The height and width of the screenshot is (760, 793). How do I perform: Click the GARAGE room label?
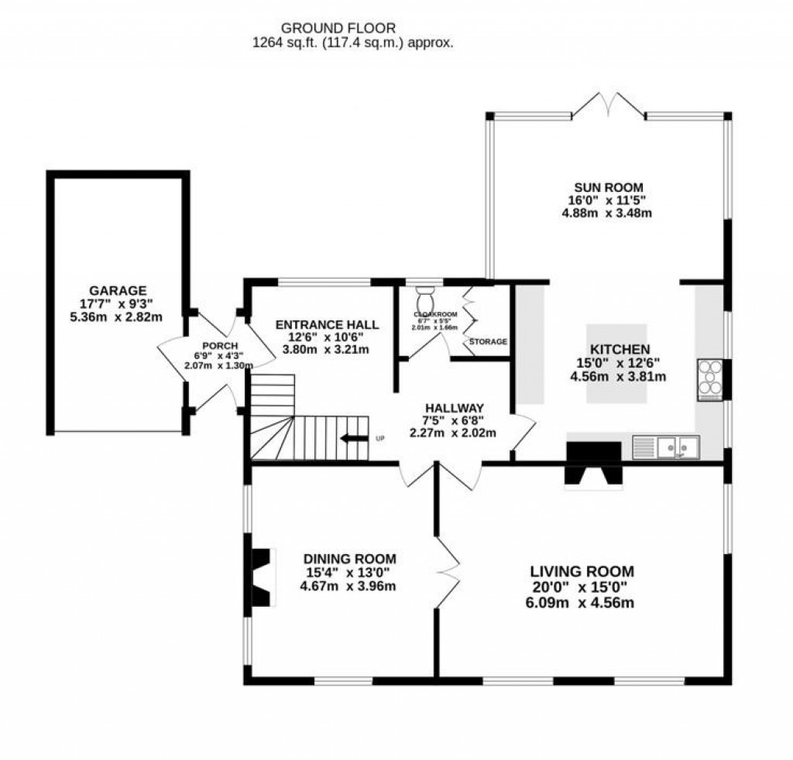[118, 291]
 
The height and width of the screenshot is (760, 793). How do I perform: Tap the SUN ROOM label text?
[608, 187]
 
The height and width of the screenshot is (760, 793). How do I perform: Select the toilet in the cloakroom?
[426, 297]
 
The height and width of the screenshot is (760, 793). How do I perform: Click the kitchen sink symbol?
[665, 447]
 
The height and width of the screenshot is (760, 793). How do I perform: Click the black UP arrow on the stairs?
[356, 439]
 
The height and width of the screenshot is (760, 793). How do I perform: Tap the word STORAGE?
[488, 341]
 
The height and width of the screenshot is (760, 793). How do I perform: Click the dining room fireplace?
[262, 577]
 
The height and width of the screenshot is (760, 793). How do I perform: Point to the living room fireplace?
[593, 466]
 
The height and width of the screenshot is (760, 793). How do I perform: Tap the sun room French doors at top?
[609, 107]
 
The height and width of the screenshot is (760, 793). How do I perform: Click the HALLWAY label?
[455, 408]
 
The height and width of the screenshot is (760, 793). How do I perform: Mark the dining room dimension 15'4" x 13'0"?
[350, 572]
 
